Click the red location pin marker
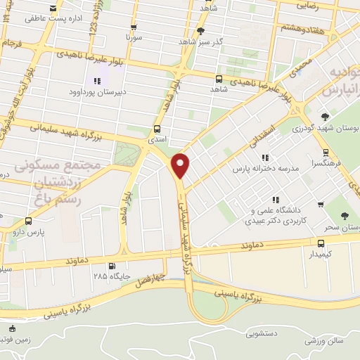pyautogui.click(x=181, y=166)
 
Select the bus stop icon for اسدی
pyautogui.click(x=156, y=129)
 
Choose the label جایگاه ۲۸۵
pyautogui.click(x=110, y=275)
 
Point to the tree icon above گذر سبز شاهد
pyautogui.click(x=202, y=31)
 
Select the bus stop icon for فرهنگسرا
pyautogui.click(x=325, y=152)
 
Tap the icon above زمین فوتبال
pyautogui.click(x=11, y=328)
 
